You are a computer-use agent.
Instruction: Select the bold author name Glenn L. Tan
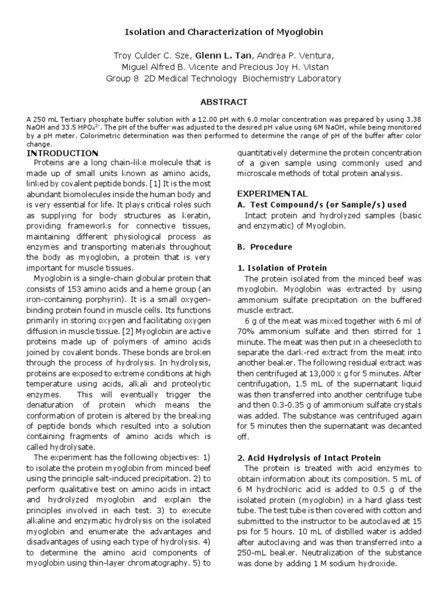click(x=224, y=55)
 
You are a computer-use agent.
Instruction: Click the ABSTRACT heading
click(x=224, y=101)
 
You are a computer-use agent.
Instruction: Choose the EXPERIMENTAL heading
click(x=272, y=194)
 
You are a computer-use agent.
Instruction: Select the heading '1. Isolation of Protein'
click(x=282, y=268)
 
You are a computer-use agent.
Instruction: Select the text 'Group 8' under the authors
click(x=121, y=79)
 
